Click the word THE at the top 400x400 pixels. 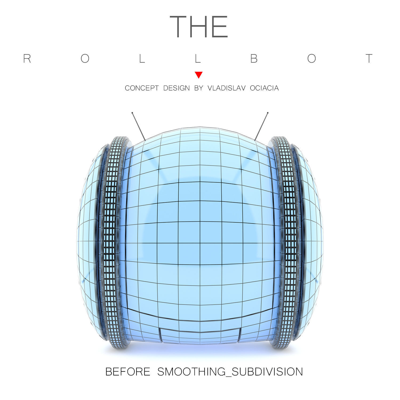tap(199, 26)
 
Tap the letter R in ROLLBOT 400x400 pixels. tap(27, 59)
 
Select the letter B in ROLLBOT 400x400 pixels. tap(254, 59)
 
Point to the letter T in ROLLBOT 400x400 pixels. tap(369, 59)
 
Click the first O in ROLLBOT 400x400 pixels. tap(85, 59)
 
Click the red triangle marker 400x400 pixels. tap(199, 75)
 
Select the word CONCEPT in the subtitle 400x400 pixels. tap(142, 88)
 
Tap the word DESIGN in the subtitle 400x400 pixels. tap(177, 88)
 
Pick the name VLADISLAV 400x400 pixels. tap(226, 88)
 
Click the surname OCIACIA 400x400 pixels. tap(264, 88)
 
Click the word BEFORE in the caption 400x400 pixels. tap(128, 372)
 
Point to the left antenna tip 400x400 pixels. tap(132, 113)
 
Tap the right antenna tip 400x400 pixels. tap(267, 113)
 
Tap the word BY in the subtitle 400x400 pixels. tap(199, 88)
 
